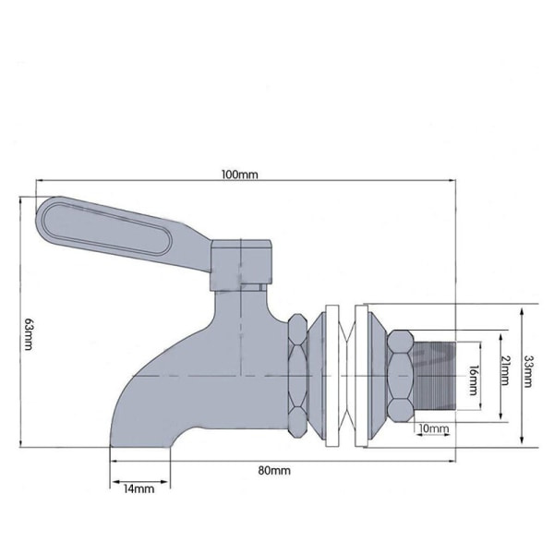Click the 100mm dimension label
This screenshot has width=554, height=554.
(x=239, y=175)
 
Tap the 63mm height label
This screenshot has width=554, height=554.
(x=29, y=333)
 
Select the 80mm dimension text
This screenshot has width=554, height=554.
(x=274, y=471)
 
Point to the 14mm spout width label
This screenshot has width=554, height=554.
(x=138, y=489)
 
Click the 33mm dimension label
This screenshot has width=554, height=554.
(x=528, y=372)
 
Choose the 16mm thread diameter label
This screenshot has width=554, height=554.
(x=474, y=380)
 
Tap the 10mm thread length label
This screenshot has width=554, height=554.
(x=434, y=428)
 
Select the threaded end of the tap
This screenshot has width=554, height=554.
(x=435, y=376)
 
